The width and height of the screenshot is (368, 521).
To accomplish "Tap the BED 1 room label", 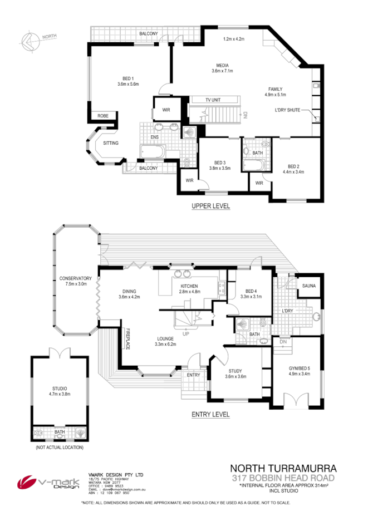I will [x=127, y=78].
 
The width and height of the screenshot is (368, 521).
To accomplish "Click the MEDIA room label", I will [x=222, y=65].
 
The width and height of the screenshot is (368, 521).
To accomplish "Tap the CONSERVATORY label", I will [x=75, y=278].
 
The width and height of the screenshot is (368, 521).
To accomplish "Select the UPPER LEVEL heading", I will [x=210, y=206].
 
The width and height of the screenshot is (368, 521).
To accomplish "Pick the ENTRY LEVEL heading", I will [x=210, y=414].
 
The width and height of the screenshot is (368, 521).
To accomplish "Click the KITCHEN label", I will [x=189, y=286].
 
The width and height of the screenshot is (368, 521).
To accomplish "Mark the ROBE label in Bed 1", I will [x=103, y=116].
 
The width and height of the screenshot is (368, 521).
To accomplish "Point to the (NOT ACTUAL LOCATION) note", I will [x=60, y=447].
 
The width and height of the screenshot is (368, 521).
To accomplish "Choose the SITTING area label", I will [x=111, y=143].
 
